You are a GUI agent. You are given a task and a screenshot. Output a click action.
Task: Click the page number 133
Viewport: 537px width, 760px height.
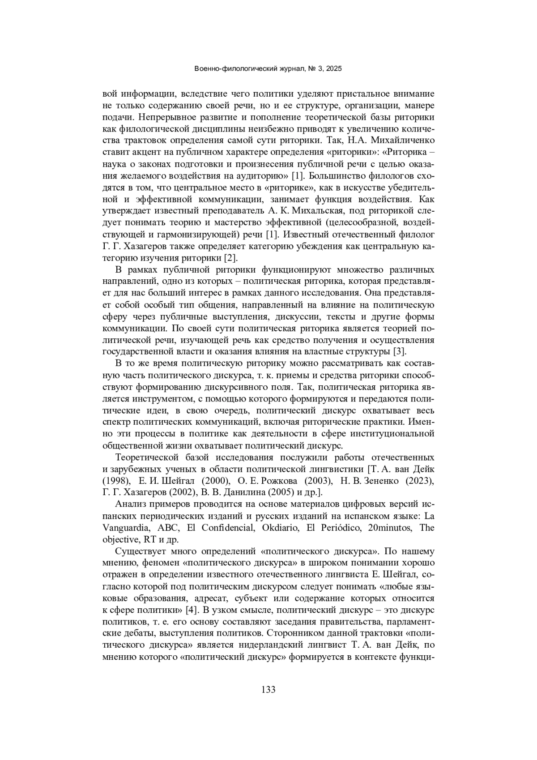coord(268,689)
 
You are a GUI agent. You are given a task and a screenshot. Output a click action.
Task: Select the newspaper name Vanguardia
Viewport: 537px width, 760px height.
coord(126,528)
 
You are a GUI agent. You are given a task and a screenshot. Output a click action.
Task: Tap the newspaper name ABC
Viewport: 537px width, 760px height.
coord(168,528)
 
